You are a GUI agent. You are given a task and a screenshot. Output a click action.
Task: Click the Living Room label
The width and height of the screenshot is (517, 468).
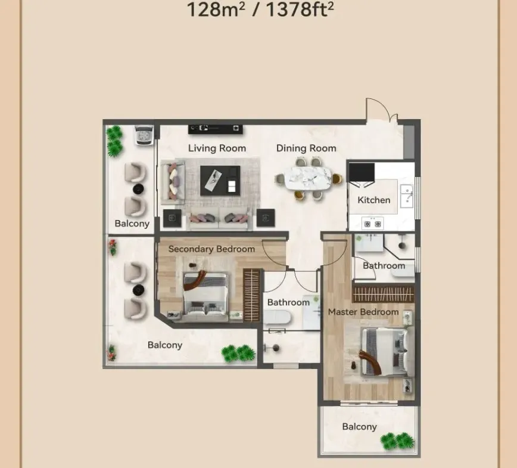tap(217, 148)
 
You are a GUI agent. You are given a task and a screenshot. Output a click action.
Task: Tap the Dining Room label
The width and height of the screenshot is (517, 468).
tap(306, 148)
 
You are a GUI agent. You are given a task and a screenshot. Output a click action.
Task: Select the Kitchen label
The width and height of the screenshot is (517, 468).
tap(374, 200)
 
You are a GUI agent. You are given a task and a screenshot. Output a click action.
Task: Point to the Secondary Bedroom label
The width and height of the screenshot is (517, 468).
tap(211, 249)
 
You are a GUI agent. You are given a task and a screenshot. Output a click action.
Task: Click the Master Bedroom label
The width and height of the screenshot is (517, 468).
tap(363, 312)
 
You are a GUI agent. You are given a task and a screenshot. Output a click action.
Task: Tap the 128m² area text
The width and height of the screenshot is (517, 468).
tap(216, 10)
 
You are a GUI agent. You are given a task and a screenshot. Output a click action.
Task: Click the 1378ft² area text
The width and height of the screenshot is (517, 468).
tap(300, 10)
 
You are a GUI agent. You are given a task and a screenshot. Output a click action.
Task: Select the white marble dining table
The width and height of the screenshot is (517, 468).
tap(308, 178)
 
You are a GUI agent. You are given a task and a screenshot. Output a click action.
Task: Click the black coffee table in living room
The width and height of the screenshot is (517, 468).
tap(220, 181)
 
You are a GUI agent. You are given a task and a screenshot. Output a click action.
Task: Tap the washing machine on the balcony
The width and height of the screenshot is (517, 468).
tap(144, 135)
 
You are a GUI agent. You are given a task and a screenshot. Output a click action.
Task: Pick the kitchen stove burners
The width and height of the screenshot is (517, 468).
tap(373, 224)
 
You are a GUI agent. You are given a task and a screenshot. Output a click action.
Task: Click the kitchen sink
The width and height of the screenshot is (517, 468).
tap(407, 196)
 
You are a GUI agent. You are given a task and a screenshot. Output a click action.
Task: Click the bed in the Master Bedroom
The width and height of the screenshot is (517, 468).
tap(387, 352)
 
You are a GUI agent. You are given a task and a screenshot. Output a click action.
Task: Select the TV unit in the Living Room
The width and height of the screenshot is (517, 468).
tap(215, 129)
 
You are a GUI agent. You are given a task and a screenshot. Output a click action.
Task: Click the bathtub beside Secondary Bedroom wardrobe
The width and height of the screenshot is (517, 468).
tap(277, 318)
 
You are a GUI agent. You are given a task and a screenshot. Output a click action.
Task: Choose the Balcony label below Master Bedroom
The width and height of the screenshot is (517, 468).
tap(359, 427)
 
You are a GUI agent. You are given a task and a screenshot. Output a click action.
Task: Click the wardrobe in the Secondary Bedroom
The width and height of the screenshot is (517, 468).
tap(251, 295)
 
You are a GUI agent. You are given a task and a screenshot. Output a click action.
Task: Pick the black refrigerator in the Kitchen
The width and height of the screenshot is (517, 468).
tap(362, 172)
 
